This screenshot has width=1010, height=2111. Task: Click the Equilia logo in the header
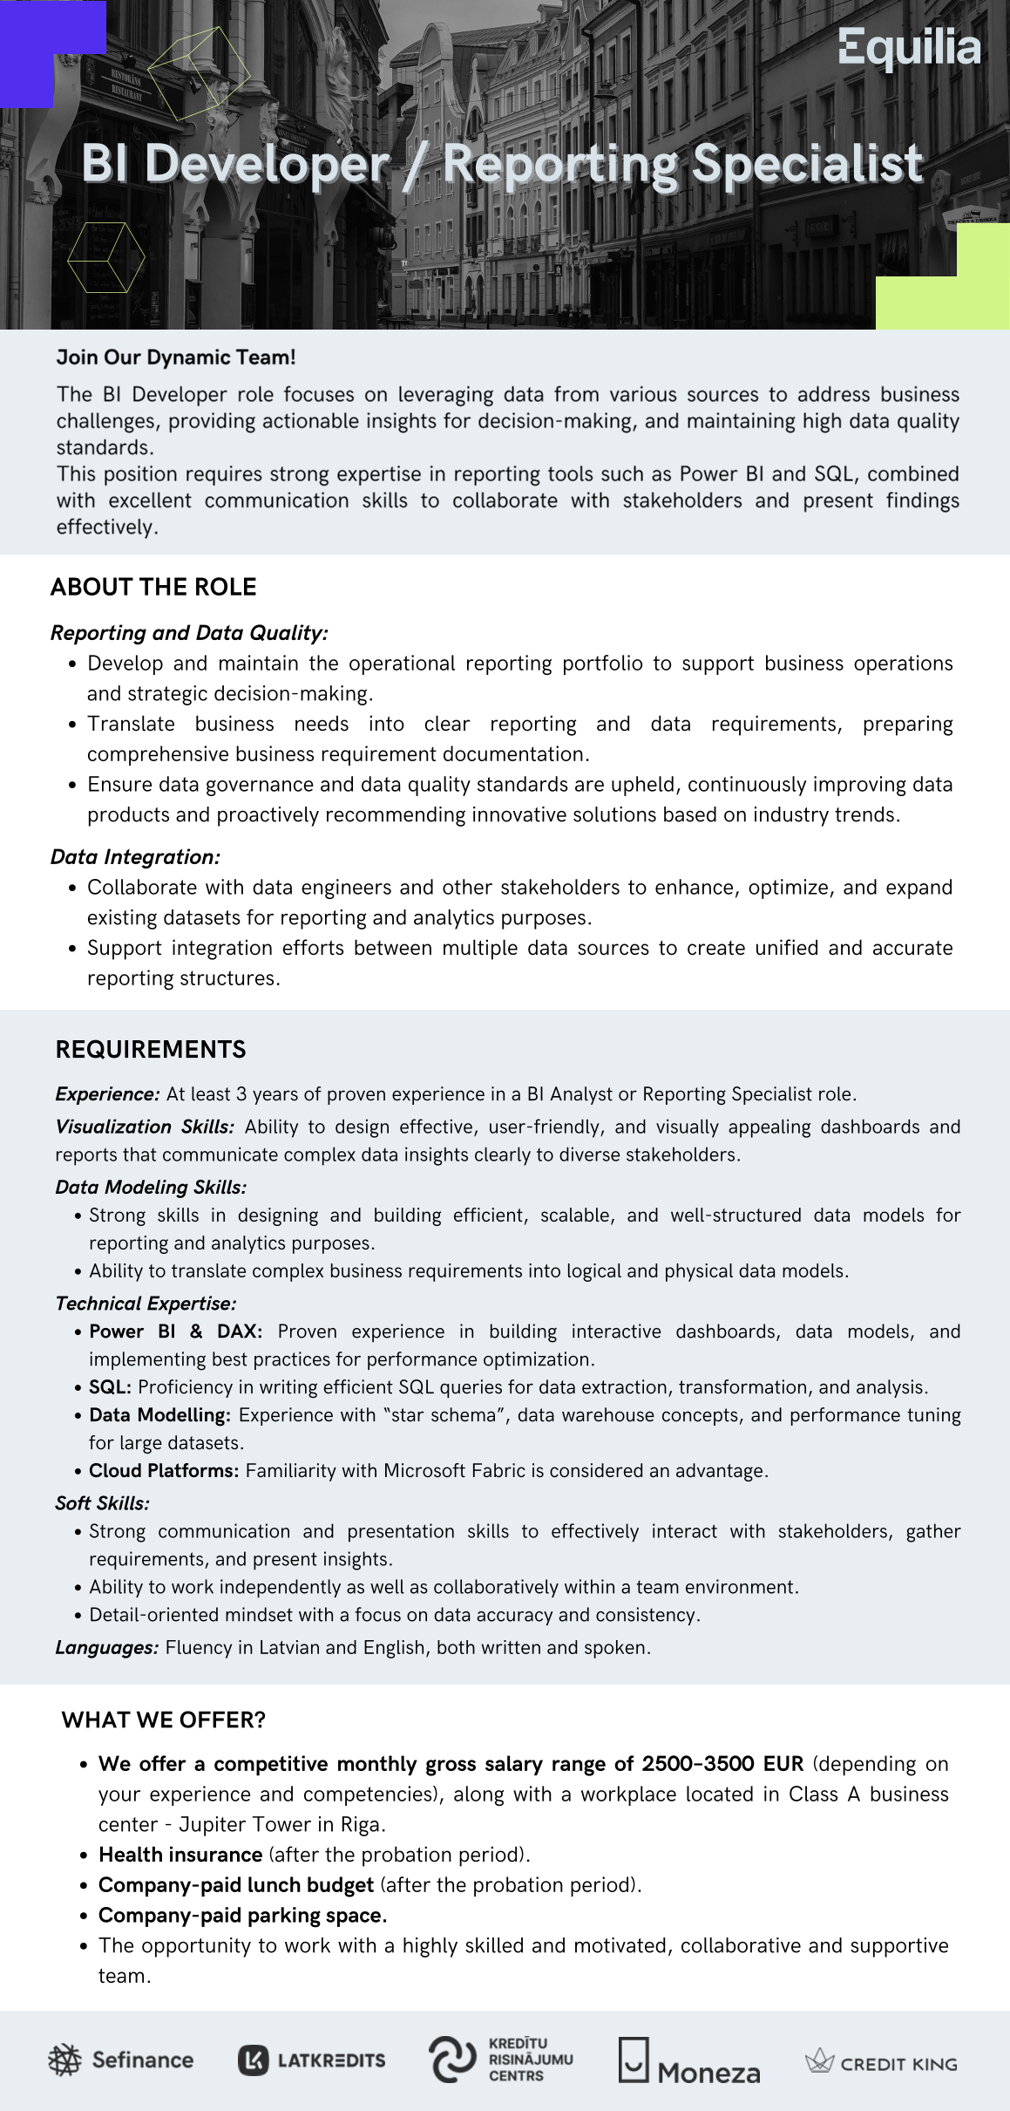(x=909, y=48)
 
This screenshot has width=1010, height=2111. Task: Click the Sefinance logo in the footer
(x=120, y=2060)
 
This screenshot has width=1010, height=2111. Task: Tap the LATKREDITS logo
(x=311, y=2060)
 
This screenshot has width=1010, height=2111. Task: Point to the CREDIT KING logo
(x=881, y=2063)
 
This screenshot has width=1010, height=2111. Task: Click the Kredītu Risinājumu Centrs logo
(x=501, y=2060)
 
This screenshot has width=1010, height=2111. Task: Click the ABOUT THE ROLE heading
(x=153, y=587)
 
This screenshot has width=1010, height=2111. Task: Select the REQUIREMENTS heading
(x=151, y=1049)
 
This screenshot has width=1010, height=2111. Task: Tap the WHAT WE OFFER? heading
(x=164, y=1719)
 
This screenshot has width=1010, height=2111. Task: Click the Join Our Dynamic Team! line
(x=176, y=357)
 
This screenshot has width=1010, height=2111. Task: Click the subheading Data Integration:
(x=135, y=856)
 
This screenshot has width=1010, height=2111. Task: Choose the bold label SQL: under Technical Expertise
(x=110, y=1386)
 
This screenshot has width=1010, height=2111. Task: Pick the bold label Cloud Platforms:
(x=164, y=1470)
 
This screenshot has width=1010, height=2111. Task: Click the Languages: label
(x=106, y=1647)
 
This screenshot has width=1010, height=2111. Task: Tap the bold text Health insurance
(x=180, y=1854)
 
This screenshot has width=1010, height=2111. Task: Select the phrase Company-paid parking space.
(x=242, y=1915)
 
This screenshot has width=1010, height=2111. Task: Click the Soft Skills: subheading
(x=102, y=1502)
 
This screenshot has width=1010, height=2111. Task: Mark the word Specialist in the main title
(x=807, y=164)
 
